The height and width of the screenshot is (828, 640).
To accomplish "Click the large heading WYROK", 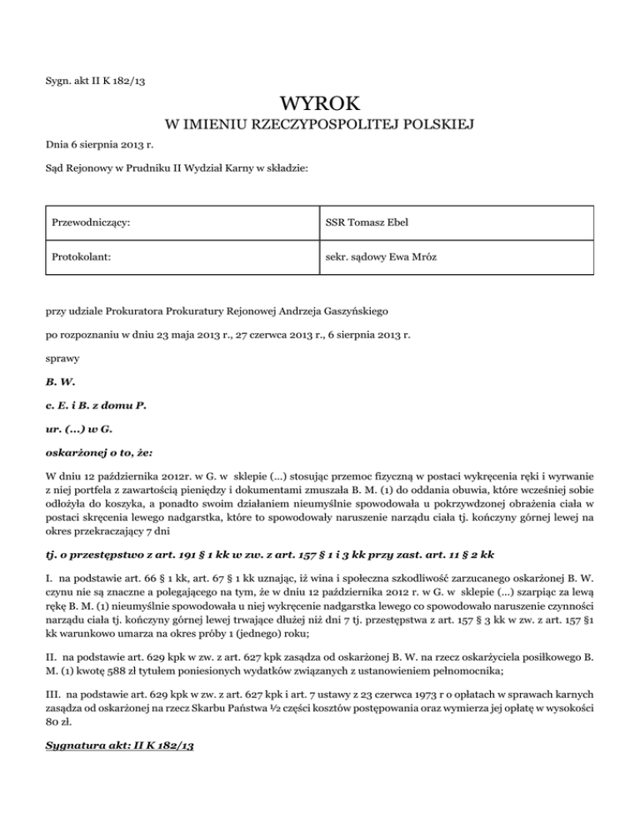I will [x=320, y=105].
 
